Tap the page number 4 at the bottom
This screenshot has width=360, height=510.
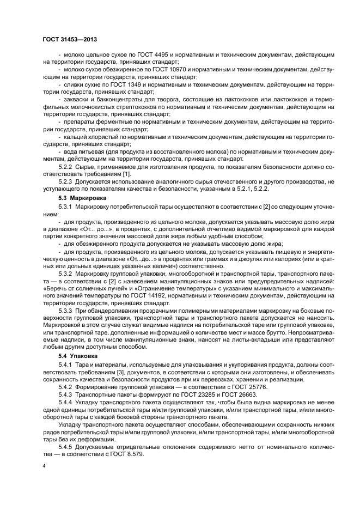pyautogui.click(x=45, y=466)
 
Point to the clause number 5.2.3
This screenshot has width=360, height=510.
pyautogui.click(x=66, y=180)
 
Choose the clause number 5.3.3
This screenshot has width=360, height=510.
pyautogui.click(x=66, y=310)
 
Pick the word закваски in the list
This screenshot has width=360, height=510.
pyautogui.click(x=78, y=101)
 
